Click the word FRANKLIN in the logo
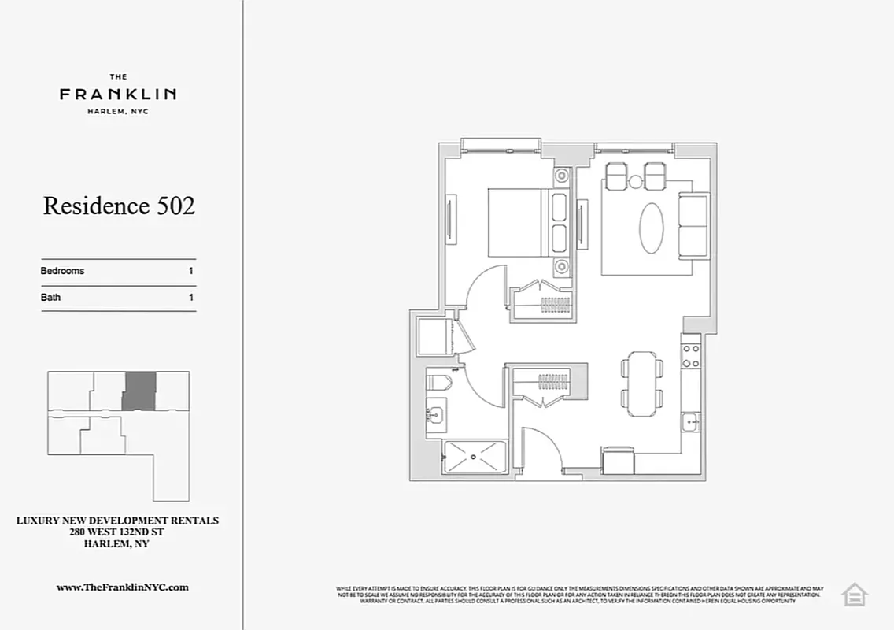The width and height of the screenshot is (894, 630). point(118,94)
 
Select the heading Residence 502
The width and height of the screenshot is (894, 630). point(119,206)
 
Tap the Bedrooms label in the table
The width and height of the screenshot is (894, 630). point(62,271)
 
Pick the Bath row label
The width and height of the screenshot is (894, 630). point(50,298)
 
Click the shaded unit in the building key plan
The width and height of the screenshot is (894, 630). point(139,391)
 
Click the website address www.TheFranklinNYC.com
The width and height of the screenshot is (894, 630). point(123,587)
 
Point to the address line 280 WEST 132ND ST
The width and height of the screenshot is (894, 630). point(118,532)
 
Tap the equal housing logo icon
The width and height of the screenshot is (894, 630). point(854,594)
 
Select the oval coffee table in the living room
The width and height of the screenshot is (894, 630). point(651,228)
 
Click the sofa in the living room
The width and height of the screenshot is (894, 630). point(693,226)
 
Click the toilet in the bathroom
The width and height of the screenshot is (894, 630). point(438,384)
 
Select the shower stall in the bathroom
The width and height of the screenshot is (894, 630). point(475,457)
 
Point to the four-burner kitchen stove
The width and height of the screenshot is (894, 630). point(691,355)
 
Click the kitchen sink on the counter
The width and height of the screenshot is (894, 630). point(691,422)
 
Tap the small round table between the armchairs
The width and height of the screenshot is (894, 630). point(636,183)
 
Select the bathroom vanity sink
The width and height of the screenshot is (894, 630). point(435,412)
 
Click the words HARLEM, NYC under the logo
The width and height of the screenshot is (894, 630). point(118,111)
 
